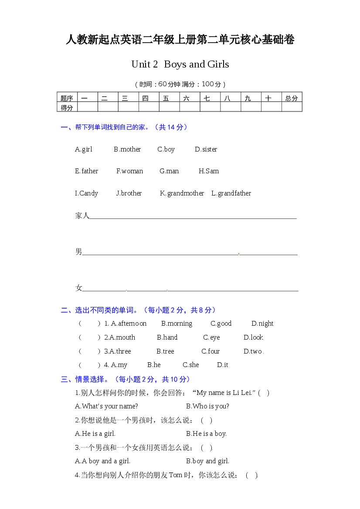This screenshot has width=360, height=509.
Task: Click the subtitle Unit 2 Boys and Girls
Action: [180, 64]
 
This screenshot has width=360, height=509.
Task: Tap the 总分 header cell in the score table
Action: [292, 98]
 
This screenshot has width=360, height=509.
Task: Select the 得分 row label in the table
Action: [67, 108]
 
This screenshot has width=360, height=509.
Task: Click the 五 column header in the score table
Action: [166, 98]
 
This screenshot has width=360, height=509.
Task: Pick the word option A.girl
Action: [84, 149]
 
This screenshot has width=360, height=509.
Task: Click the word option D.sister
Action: [206, 149]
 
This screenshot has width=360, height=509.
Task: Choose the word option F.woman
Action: [129, 171]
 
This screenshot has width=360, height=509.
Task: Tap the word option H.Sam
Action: [209, 171]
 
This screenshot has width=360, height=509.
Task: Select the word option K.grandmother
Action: [182, 193]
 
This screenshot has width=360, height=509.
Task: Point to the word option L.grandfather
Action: [231, 193]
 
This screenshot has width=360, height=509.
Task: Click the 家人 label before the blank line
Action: [82, 216]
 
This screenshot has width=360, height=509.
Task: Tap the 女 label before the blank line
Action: [78, 288]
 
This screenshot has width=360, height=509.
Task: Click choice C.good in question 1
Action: [221, 324]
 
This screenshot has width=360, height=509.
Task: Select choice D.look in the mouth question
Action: [254, 337]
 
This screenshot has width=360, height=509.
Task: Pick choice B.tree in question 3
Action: [165, 351]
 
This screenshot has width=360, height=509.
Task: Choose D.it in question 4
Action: [222, 365]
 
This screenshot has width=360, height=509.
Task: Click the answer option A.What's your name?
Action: [106, 406]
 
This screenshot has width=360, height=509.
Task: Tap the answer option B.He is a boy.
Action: [206, 434]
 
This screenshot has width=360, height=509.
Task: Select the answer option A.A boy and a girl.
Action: [102, 461]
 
